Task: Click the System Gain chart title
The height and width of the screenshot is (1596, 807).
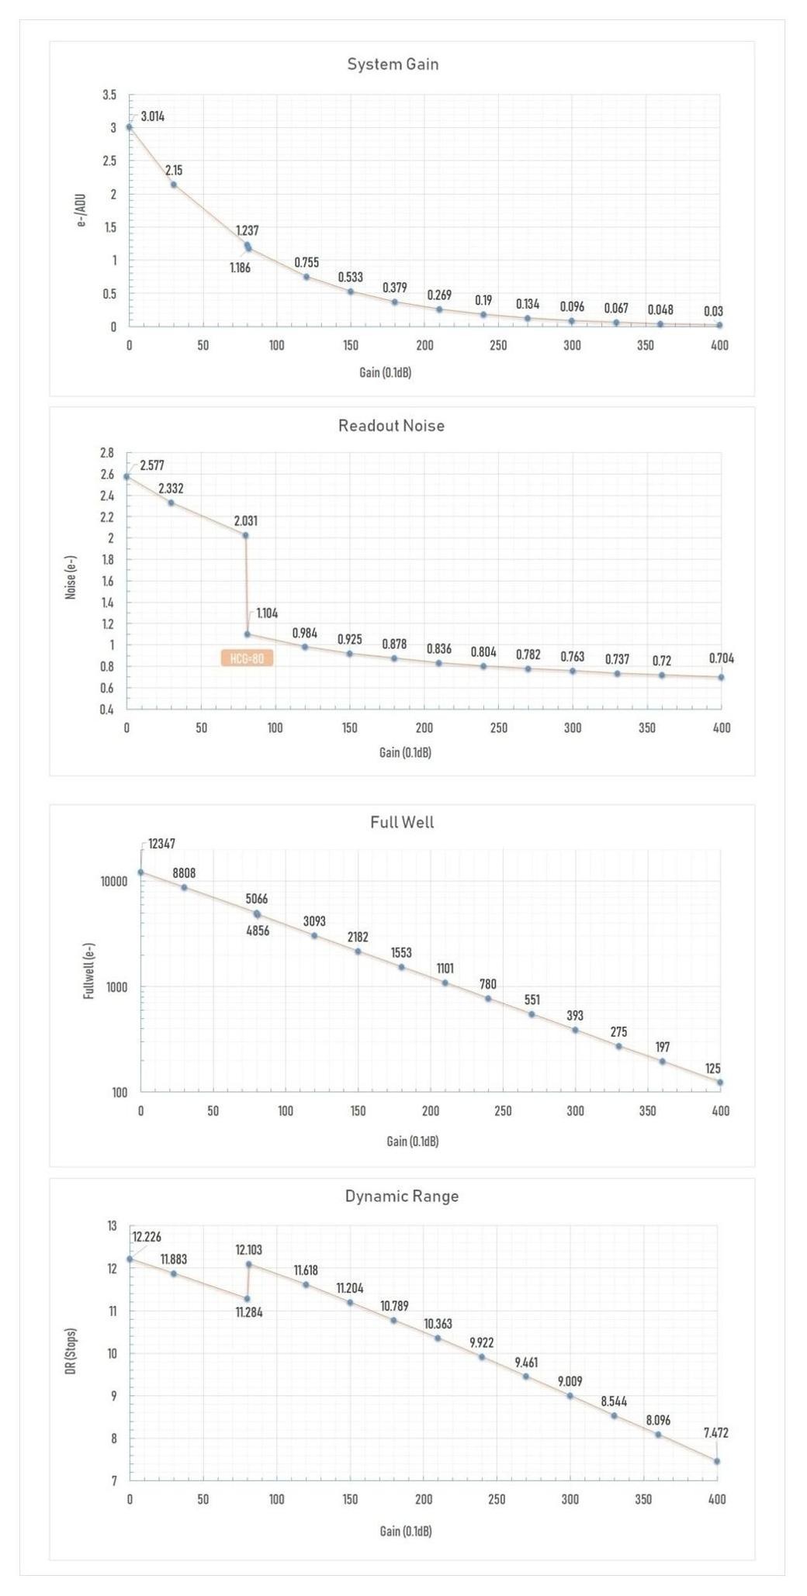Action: (393, 64)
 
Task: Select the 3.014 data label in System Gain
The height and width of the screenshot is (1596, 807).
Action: (152, 117)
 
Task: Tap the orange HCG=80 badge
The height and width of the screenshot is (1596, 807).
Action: (247, 659)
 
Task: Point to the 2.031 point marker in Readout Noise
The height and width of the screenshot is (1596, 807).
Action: (245, 535)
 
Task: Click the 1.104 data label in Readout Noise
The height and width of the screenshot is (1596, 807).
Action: (267, 613)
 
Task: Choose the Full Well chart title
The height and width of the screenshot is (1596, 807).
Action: (402, 822)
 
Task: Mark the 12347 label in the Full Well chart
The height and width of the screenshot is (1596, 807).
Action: (161, 844)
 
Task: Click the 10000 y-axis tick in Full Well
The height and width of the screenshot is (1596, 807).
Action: (113, 882)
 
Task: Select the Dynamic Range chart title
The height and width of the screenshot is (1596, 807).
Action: (402, 1196)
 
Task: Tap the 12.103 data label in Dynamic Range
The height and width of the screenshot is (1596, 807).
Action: (249, 1249)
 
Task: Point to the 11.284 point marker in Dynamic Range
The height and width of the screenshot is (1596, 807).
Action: (247, 1298)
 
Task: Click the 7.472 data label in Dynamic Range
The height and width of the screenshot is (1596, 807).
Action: (715, 1433)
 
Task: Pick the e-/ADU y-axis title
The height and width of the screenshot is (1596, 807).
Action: (81, 210)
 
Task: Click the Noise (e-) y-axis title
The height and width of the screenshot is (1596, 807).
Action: (71, 577)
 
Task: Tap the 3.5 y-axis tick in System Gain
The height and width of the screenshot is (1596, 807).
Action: (109, 95)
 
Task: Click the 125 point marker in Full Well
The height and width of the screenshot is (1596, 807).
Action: (720, 1082)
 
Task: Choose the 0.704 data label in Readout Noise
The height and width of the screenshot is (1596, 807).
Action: (721, 658)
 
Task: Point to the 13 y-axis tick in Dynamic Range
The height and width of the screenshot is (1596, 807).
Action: (112, 1226)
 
